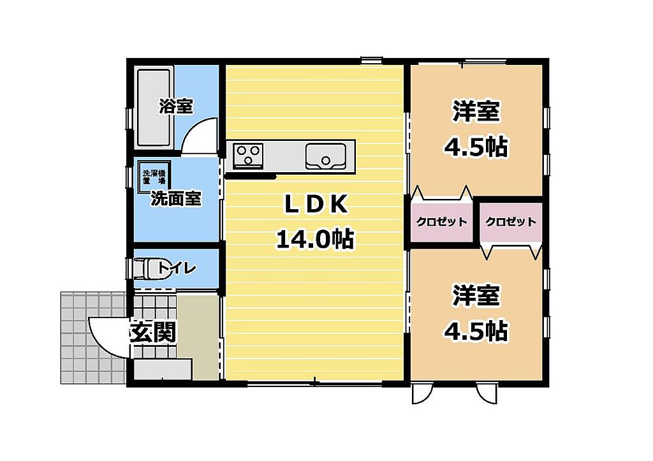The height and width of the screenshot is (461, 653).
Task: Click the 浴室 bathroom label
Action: click(x=176, y=106)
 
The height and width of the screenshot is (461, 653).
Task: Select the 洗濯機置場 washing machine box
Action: click(x=154, y=177)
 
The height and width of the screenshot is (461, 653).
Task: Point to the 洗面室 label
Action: click(x=176, y=199)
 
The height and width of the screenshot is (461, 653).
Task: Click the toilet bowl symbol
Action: click(x=147, y=268)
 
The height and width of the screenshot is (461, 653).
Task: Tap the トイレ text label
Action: click(x=177, y=268)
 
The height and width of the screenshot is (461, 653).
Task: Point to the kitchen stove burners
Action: click(x=248, y=155)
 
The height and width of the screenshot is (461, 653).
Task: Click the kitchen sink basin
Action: click(x=325, y=156)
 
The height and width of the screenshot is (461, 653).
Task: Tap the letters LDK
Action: click(x=316, y=205)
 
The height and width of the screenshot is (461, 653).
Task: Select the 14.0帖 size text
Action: click(x=315, y=239)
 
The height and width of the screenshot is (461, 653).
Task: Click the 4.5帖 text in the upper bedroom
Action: click(x=476, y=147)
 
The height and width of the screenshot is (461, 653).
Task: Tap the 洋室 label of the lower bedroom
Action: click(x=476, y=295)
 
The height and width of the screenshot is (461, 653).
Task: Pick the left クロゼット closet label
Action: click(x=441, y=221)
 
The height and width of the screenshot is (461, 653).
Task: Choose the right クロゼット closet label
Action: click(x=511, y=221)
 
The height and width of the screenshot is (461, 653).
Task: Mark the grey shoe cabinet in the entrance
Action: click(x=163, y=369)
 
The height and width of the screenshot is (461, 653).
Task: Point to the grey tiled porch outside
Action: click(x=93, y=337)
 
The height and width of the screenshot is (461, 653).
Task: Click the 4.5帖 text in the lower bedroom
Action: click(x=476, y=331)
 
